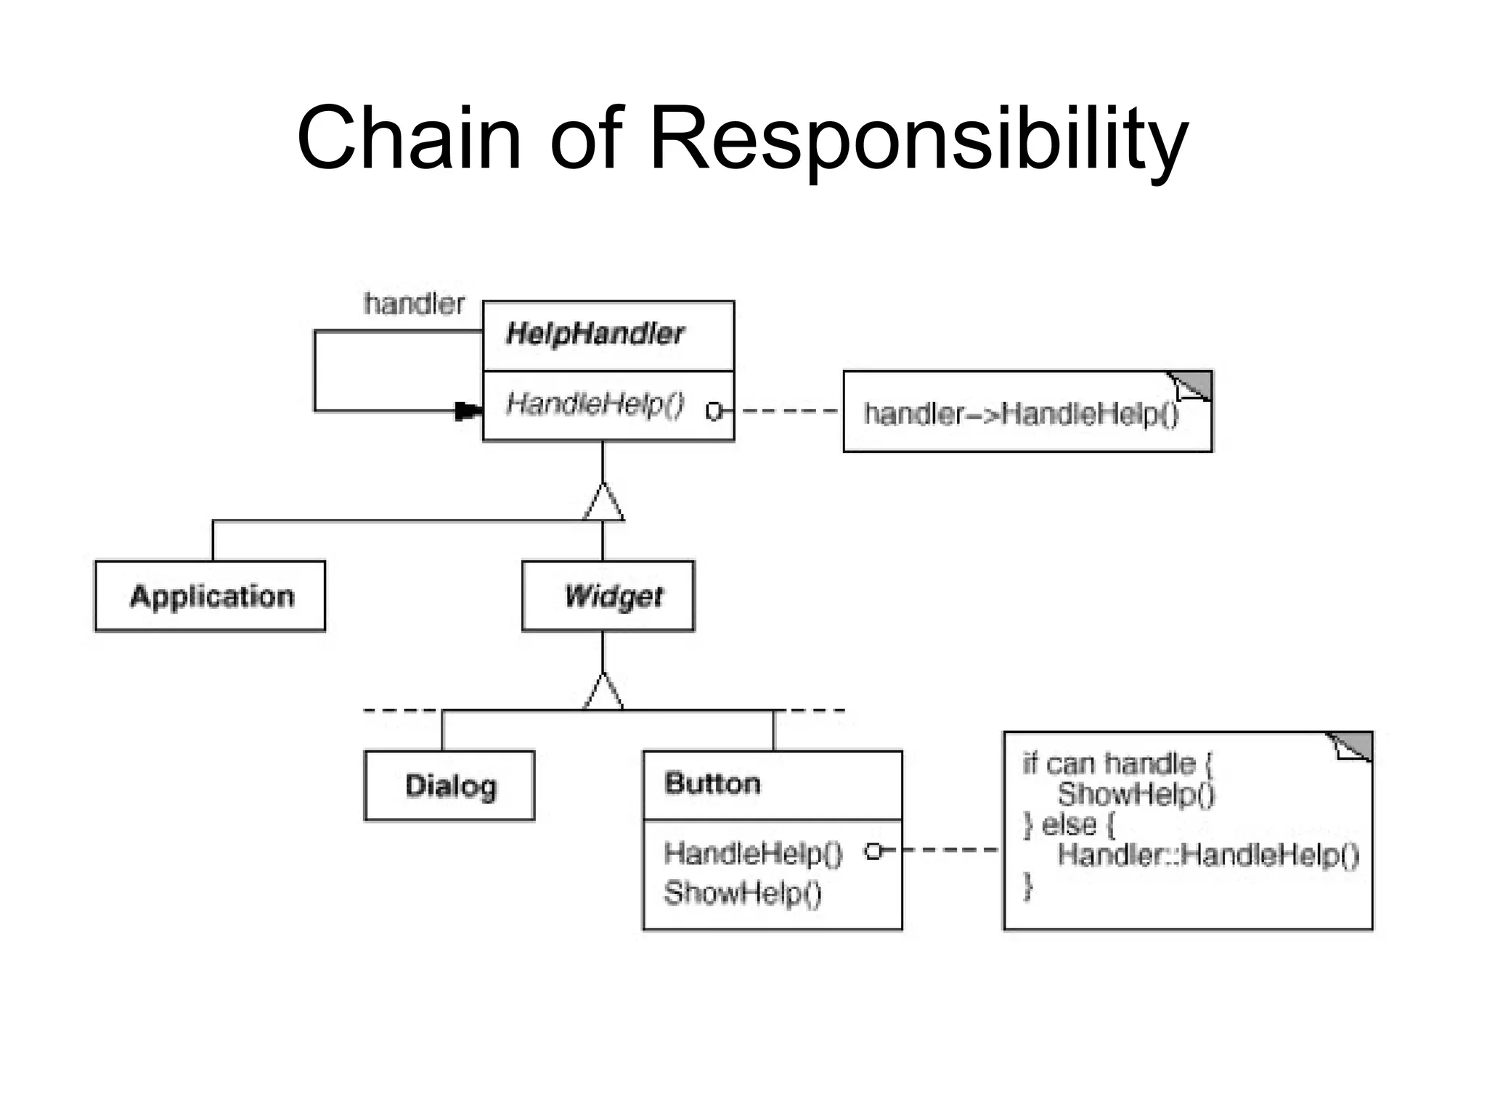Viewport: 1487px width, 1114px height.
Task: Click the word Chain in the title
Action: click(x=409, y=137)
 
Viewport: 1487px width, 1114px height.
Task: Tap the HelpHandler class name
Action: click(x=595, y=334)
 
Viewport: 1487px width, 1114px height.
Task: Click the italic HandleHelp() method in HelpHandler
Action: click(x=595, y=404)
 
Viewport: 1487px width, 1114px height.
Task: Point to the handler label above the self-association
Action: click(x=414, y=304)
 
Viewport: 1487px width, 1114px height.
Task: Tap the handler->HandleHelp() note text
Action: click(x=1021, y=414)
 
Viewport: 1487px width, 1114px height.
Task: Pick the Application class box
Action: click(x=211, y=596)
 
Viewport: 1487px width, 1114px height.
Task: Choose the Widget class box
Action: click(x=608, y=596)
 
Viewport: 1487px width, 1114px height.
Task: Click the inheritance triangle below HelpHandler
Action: click(x=603, y=503)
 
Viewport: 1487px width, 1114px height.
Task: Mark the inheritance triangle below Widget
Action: click(x=603, y=692)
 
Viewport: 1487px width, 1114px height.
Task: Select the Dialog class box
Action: click(x=449, y=786)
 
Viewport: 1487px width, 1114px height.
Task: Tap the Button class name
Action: click(x=712, y=784)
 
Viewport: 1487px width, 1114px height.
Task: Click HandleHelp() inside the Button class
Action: click(x=753, y=853)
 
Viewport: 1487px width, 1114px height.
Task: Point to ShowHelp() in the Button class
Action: click(x=742, y=893)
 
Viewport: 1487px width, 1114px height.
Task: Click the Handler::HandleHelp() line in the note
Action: click(x=1207, y=855)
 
